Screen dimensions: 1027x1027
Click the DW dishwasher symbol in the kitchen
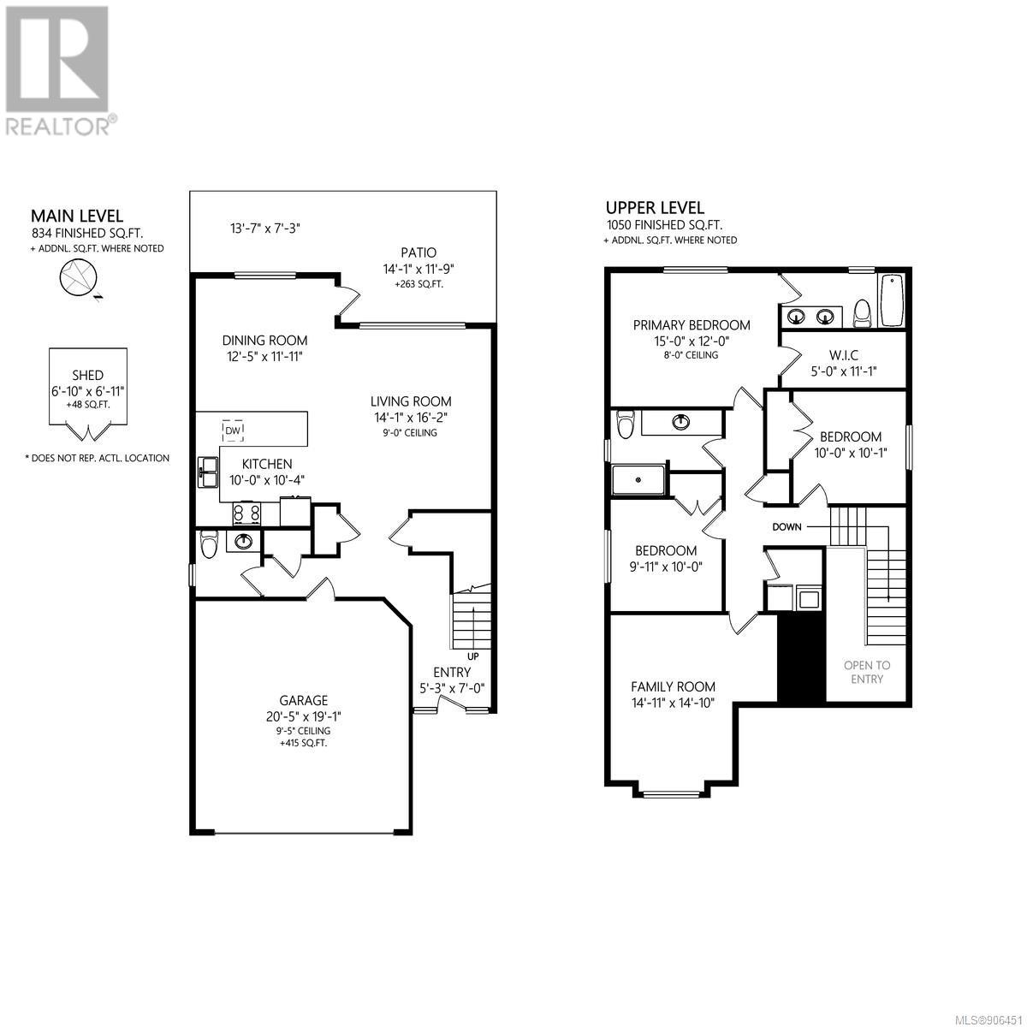coord(233,430)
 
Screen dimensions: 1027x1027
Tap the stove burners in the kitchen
coord(246,513)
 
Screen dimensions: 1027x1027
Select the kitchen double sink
coord(208,472)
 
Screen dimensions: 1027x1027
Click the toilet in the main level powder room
coord(207,544)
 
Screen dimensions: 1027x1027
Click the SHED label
coord(87,375)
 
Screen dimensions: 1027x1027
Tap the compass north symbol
coord(79,278)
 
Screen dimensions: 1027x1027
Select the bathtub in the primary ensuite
coord(892,300)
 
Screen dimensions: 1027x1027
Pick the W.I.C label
coord(844,354)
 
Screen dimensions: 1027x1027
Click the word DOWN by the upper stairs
coord(787,526)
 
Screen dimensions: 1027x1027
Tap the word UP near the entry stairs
coord(472,656)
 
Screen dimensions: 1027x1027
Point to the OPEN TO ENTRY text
coord(867,672)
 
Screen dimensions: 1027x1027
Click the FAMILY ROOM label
coord(674,686)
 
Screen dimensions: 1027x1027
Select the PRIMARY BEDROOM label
coord(692,324)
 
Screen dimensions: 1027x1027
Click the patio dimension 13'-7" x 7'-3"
coord(265,229)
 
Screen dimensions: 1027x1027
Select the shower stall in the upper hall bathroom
coord(638,479)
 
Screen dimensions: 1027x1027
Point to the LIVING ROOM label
coord(411,401)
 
